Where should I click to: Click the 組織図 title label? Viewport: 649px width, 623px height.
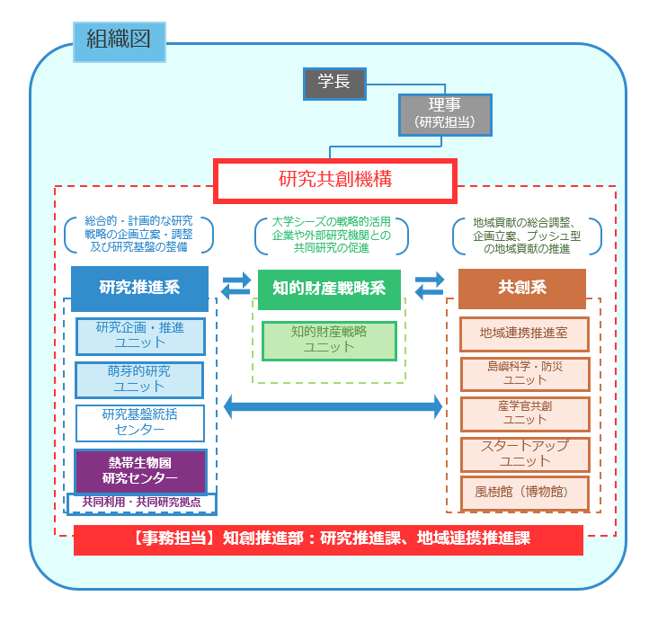119,40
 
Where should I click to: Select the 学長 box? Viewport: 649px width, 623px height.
333,83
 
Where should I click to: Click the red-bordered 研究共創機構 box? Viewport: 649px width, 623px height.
335,180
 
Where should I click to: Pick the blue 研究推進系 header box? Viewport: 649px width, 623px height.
139,288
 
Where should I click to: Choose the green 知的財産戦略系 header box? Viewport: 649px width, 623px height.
329,289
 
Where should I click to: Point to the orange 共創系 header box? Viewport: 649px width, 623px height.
522,288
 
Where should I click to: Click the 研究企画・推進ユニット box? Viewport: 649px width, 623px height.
139,335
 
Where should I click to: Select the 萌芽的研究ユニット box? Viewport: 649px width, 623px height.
139,378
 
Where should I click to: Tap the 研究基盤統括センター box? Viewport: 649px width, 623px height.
139,423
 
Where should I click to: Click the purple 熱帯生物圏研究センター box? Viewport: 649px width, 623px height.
139,470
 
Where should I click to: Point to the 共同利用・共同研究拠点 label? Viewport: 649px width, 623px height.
141,503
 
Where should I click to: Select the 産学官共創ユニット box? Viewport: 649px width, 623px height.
523,414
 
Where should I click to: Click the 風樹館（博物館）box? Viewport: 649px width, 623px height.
523,493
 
